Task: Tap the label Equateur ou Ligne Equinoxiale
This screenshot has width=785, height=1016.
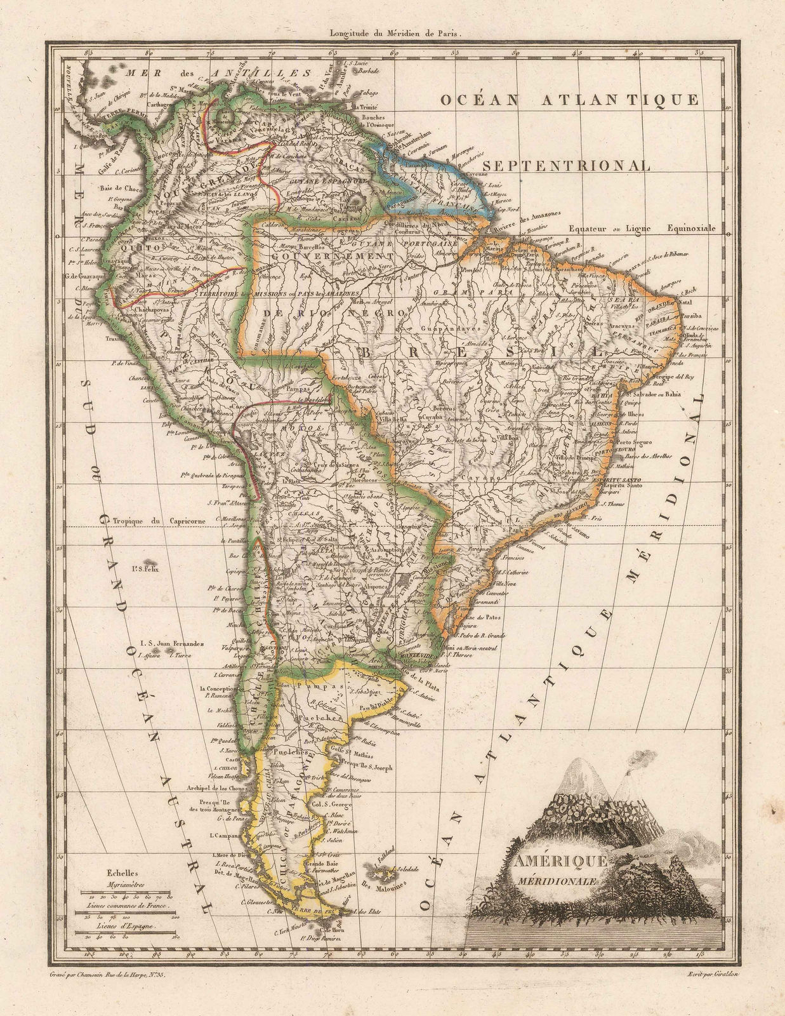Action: [x=642, y=229]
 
